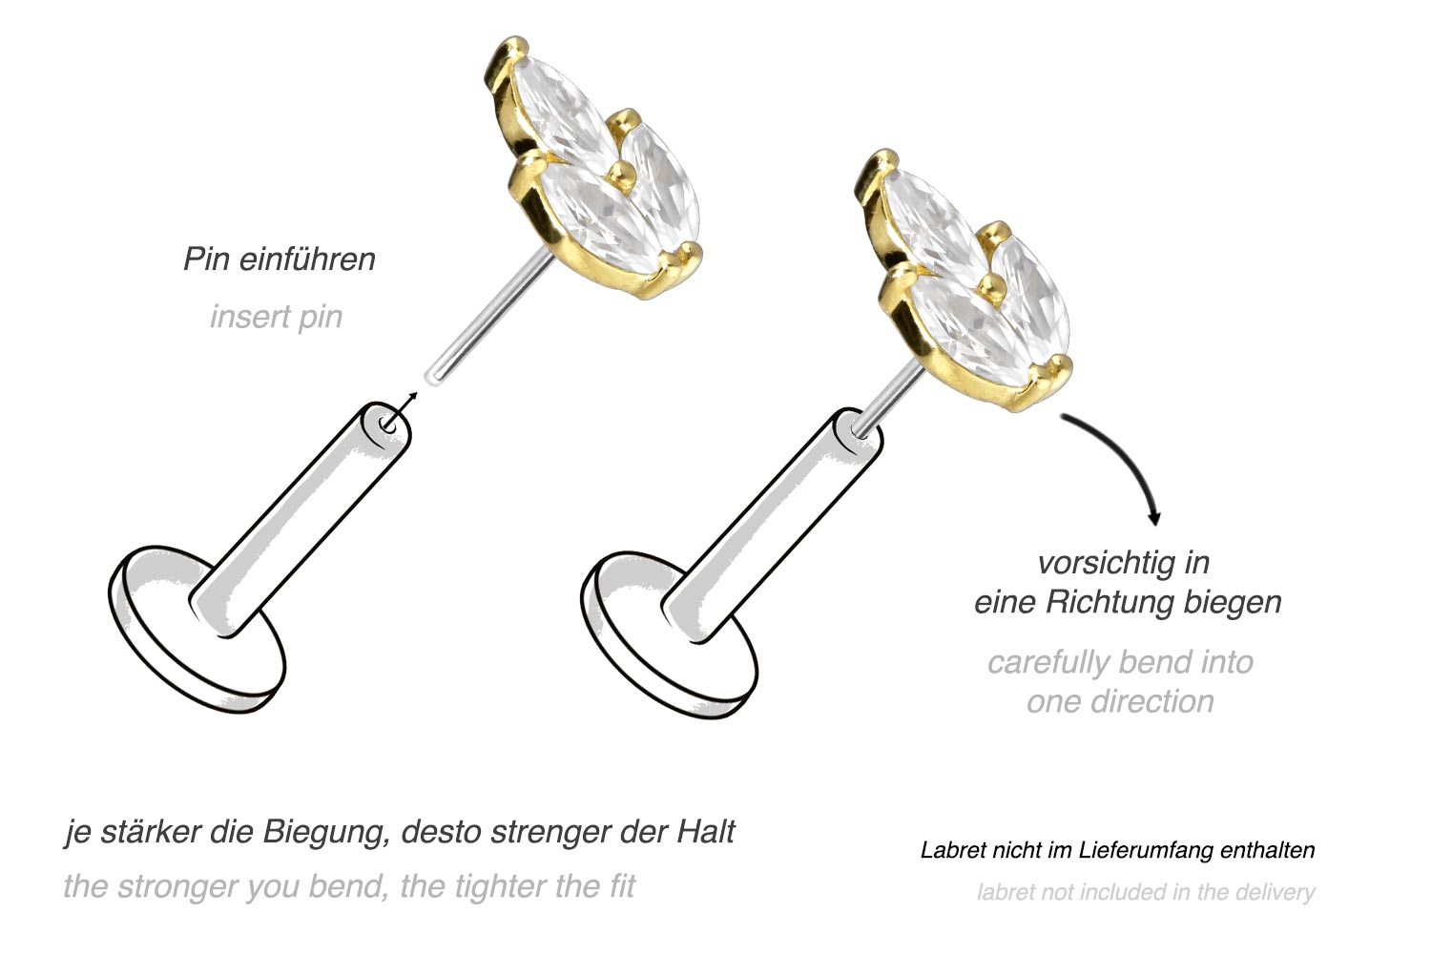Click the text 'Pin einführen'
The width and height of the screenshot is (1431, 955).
coord(280,260)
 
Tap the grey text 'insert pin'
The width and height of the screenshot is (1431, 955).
coord(276,317)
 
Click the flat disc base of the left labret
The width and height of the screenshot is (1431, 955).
coord(197,631)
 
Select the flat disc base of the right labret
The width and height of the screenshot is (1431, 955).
coord(670,635)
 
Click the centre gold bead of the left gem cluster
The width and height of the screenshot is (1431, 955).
coord(618,173)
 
